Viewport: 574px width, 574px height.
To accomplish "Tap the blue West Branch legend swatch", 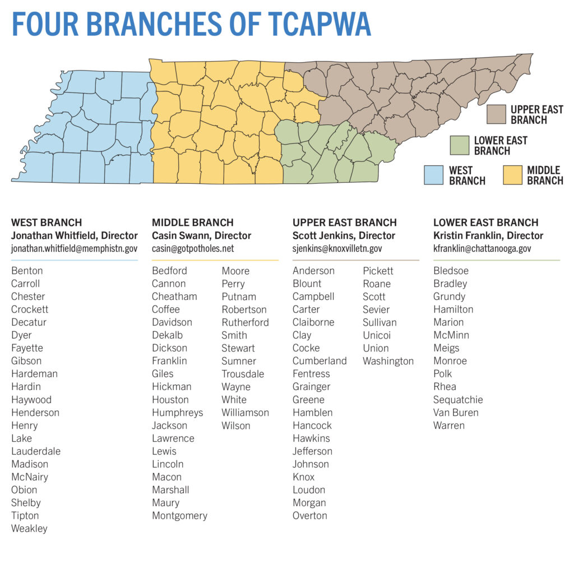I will click(x=433, y=175).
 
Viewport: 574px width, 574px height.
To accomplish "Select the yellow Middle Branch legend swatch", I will click(x=512, y=175).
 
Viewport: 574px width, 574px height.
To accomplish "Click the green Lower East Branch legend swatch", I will click(x=459, y=145).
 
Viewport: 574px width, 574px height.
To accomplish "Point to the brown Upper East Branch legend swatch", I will click(x=496, y=114).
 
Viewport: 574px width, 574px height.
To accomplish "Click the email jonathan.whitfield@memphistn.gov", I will click(x=74, y=249).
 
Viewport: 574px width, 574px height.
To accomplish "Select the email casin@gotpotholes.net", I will click(x=193, y=249).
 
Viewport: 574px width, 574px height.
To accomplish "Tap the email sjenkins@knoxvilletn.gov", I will click(x=337, y=249).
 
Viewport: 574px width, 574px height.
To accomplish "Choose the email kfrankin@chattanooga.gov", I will click(x=482, y=249).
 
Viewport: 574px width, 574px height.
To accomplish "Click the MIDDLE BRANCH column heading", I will click(x=193, y=223).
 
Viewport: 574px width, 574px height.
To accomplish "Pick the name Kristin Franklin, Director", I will click(x=488, y=235).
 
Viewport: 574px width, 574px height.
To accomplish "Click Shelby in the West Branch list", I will click(x=26, y=503).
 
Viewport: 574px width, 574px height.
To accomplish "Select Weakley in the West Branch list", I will click(x=29, y=529).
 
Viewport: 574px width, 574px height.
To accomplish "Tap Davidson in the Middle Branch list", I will click(x=172, y=322).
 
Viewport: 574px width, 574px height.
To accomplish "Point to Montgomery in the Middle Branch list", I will click(x=179, y=516).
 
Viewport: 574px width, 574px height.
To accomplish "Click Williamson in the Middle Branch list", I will click(x=245, y=413).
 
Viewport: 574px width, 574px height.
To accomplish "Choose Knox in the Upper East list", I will click(x=303, y=477).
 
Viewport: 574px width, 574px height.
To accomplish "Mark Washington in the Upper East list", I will click(x=388, y=361).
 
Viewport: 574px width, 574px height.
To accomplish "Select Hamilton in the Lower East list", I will click(x=453, y=309).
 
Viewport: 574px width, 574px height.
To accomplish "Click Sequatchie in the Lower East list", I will click(x=458, y=400).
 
